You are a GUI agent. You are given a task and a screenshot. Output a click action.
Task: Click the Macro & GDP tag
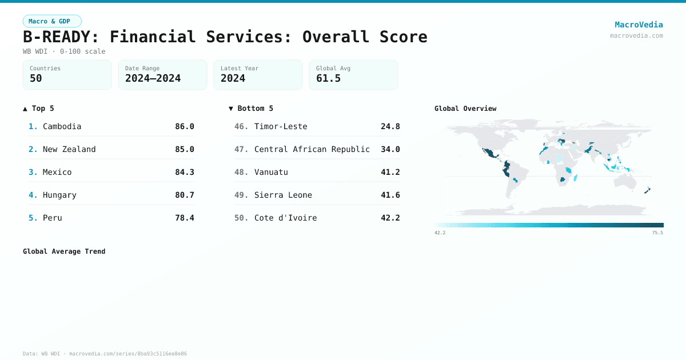pos(52,21)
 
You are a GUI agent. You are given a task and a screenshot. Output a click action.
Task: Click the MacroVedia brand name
pos(639,25)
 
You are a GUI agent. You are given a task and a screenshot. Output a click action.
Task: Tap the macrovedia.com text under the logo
pos(636,35)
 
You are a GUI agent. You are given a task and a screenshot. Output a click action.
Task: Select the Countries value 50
pos(36,78)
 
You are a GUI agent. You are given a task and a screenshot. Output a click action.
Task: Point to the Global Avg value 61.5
pos(328,78)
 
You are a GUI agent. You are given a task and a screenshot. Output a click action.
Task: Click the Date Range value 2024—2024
pos(153,78)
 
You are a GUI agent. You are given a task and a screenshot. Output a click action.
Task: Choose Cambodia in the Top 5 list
pos(62,126)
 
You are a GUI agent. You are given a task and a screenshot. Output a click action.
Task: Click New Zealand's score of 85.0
pos(184,149)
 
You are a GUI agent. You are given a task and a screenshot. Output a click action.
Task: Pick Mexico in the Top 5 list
pos(57,172)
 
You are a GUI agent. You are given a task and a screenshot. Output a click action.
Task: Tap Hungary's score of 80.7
pos(184,195)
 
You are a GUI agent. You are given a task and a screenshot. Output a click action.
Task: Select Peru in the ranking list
pos(53,218)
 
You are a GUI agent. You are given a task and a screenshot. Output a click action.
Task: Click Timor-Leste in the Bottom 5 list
pos(281,126)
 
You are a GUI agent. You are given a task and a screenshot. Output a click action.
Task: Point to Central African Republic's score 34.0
pos(390,149)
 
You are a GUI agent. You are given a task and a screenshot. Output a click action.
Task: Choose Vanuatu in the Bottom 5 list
pos(271,172)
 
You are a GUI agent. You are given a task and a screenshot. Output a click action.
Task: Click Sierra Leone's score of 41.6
pos(390,195)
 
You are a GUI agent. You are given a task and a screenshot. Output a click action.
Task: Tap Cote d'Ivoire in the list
pos(285,218)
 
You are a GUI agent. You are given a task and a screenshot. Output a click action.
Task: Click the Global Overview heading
pos(465,109)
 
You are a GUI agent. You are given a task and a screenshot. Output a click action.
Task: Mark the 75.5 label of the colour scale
pos(657,233)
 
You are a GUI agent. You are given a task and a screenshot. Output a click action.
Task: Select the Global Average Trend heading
pos(64,251)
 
